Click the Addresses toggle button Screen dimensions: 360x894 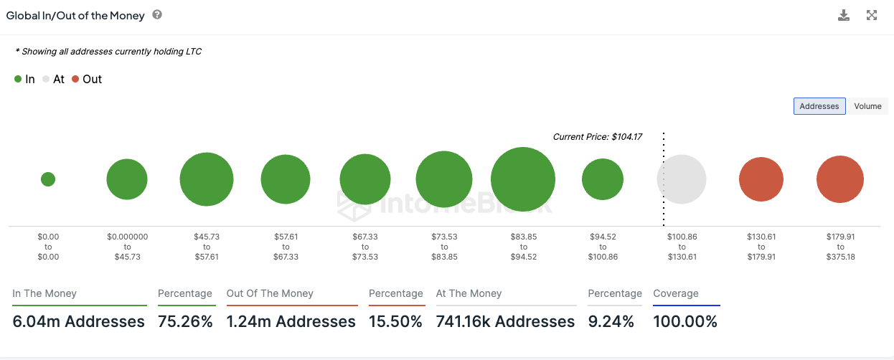[x=819, y=106]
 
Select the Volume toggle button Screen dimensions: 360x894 [x=867, y=106]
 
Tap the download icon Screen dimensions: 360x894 [x=844, y=15]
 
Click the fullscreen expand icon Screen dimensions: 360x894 [x=872, y=15]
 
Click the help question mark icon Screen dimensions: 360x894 [x=157, y=14]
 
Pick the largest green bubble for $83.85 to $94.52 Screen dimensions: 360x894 [x=523, y=179]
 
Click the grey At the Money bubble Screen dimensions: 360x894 [x=682, y=179]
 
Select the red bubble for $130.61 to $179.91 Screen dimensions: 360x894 [x=761, y=179]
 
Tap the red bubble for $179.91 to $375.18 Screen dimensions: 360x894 [x=840, y=179]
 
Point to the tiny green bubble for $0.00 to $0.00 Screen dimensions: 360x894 [x=48, y=179]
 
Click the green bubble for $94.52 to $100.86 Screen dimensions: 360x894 [x=603, y=179]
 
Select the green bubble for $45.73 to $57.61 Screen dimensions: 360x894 [x=207, y=179]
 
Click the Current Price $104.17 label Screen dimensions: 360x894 [x=597, y=136]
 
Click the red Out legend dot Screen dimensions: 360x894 [x=75, y=79]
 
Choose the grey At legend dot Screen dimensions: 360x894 [x=46, y=79]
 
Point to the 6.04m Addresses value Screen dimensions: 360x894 [x=79, y=322]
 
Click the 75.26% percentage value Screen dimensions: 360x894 [x=186, y=322]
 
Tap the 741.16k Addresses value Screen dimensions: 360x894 [x=505, y=322]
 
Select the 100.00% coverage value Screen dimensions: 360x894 [x=685, y=322]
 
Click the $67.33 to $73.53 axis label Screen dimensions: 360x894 [x=365, y=246]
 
